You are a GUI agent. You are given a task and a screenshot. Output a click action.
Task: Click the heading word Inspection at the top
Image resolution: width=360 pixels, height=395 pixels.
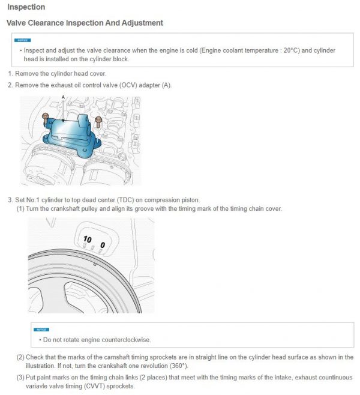click(x=25, y=7)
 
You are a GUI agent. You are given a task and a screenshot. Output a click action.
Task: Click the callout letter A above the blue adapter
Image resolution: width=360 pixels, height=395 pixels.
click(x=63, y=97)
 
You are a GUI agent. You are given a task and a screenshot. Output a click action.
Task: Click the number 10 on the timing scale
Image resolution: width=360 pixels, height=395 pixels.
click(x=88, y=239)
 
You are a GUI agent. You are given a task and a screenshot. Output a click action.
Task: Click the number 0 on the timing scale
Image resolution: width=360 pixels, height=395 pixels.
click(x=103, y=245)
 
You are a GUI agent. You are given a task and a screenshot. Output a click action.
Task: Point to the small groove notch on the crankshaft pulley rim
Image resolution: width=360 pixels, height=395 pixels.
click(x=95, y=264)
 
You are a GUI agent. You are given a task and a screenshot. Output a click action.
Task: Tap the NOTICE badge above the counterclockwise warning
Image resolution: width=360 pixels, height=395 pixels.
click(x=41, y=329)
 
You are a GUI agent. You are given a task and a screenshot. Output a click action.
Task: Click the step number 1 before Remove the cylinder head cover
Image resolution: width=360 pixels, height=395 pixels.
click(x=10, y=74)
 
